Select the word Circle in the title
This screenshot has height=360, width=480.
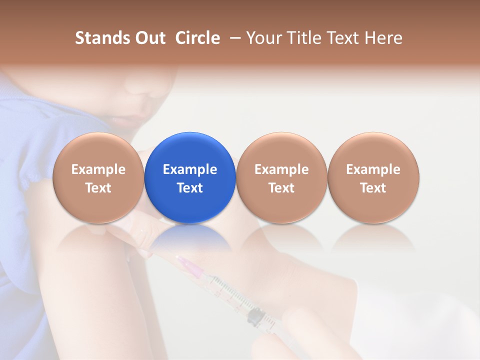coord(197,38)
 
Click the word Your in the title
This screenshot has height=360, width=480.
coord(262,38)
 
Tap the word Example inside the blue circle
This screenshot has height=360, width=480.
coord(190,169)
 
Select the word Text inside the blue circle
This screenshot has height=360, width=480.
coord(190,188)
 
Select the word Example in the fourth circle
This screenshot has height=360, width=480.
coord(373,169)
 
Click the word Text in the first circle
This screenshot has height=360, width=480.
coord(98,188)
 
